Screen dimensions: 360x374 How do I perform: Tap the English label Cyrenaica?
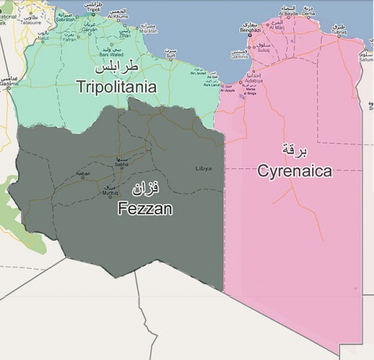[295, 171]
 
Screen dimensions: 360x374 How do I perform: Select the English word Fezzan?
[145, 208]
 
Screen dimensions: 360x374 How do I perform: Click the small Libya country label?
[203, 168]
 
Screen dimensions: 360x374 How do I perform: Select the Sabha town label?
[122, 164]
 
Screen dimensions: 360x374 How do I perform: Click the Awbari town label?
[83, 173]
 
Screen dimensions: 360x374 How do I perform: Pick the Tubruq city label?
[338, 33]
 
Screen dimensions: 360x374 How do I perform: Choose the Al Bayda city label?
[289, 13]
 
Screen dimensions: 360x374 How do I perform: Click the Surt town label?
[169, 55]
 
